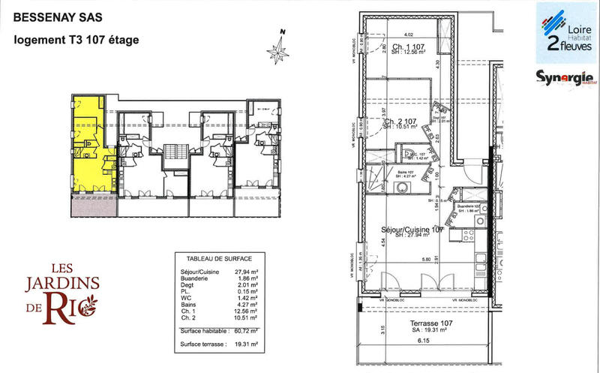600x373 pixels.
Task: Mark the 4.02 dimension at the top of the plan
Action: pos(409,35)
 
